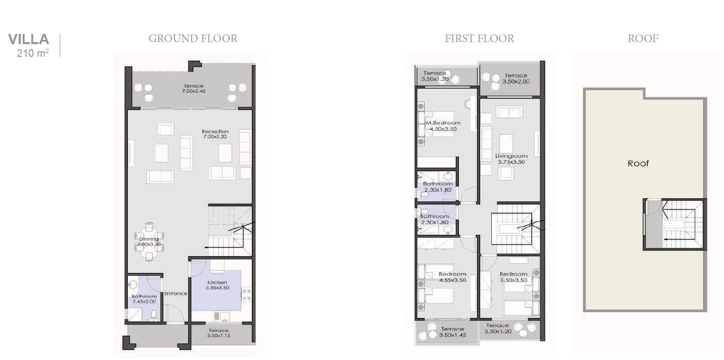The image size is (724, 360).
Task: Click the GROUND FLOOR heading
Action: coord(193,39)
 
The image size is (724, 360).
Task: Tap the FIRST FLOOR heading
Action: coord(479,39)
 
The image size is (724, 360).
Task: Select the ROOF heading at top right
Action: coord(642,39)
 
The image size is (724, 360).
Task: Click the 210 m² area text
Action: coord(32,52)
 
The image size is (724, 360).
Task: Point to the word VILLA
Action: coord(28,39)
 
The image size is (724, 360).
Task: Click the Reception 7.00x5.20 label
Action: coord(215,134)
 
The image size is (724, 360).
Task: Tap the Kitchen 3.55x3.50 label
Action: coord(217,285)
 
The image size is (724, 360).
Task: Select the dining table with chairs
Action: coord(149,242)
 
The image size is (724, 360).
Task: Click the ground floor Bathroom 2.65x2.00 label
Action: coord(144,299)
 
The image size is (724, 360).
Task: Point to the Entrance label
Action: coord(175,294)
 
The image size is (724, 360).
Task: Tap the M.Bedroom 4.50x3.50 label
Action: coord(443,126)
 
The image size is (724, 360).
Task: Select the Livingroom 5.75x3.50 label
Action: coord(511,159)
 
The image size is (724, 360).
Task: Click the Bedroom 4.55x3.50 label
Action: coord(452,277)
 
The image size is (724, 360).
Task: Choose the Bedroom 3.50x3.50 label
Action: coord(513,277)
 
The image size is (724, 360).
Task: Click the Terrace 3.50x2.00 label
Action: coord(516,78)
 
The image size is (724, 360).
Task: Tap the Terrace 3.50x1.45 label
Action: coord(451,332)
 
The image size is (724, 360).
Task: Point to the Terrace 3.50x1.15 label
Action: coord(218,333)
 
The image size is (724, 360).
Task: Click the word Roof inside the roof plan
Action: coord(638,163)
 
